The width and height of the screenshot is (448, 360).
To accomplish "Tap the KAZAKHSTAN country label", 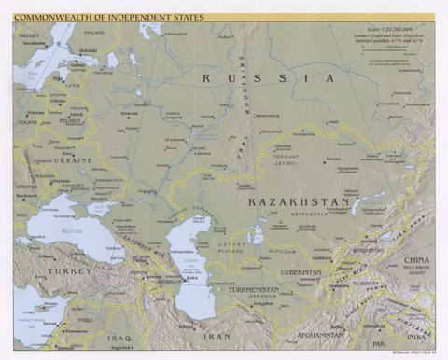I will (x=299, y=201).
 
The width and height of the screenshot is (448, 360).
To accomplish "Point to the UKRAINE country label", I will (x=72, y=160).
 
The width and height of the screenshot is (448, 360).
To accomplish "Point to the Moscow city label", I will (x=130, y=113).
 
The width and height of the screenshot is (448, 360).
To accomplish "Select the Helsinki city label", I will (x=88, y=50).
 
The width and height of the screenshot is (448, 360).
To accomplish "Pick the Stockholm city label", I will (x=34, y=43).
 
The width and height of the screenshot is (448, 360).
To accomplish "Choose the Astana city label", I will (x=332, y=159).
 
